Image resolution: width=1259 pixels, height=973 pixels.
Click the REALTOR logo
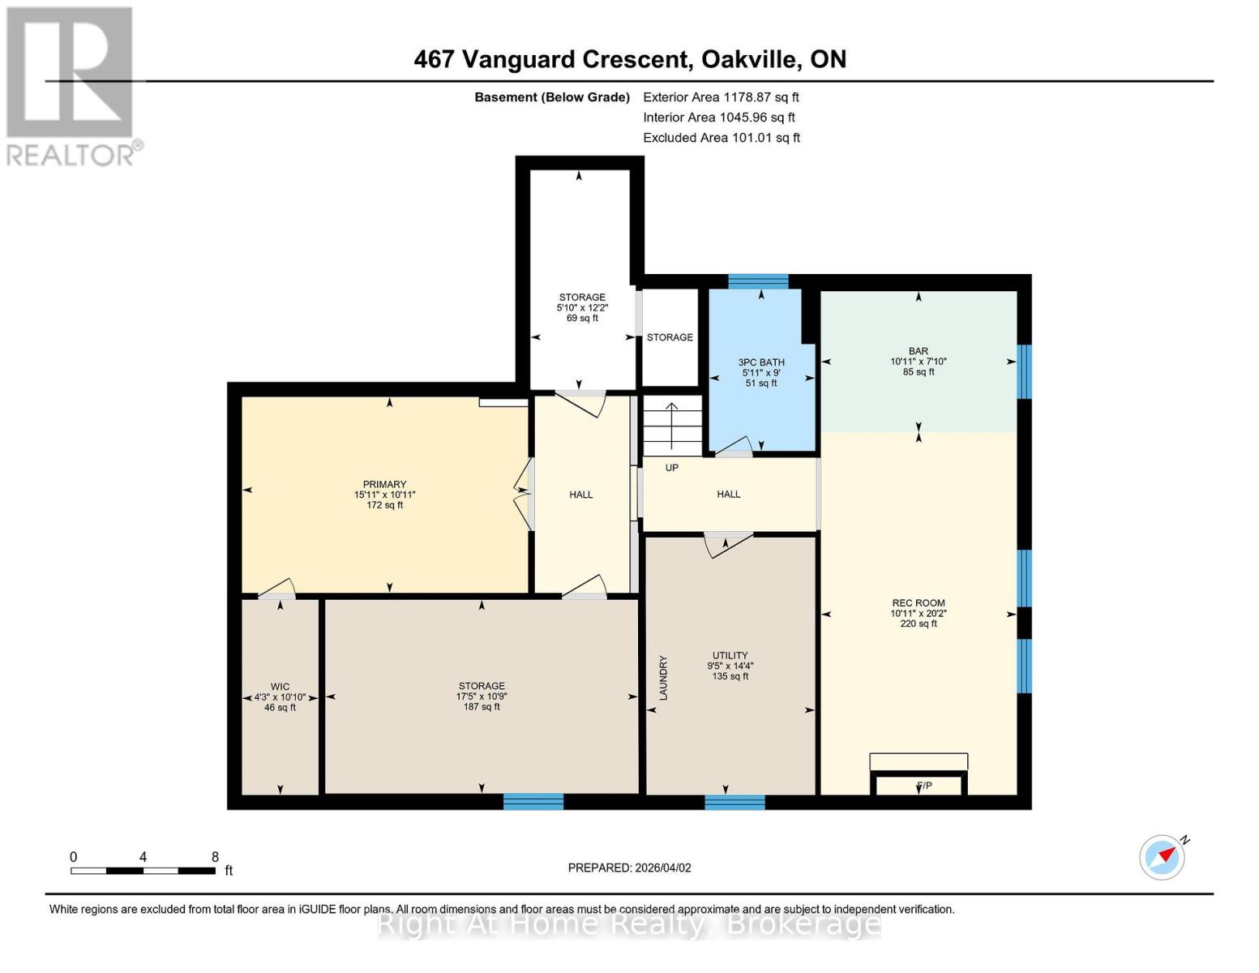(x=71, y=85)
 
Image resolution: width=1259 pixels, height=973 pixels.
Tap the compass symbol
(x=1162, y=857)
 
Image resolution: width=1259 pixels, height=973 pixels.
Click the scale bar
(x=143, y=870)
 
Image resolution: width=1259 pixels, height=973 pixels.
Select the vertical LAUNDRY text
(x=663, y=678)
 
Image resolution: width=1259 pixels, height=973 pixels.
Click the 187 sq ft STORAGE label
(x=482, y=696)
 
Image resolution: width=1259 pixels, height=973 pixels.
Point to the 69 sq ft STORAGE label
(x=581, y=307)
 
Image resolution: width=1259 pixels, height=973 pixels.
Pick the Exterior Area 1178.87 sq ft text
(x=721, y=97)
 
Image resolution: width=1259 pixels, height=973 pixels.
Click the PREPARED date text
(x=629, y=868)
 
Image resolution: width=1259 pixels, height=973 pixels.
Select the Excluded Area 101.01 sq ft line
(x=721, y=138)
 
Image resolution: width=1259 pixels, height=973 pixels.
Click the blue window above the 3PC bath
(x=758, y=281)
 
